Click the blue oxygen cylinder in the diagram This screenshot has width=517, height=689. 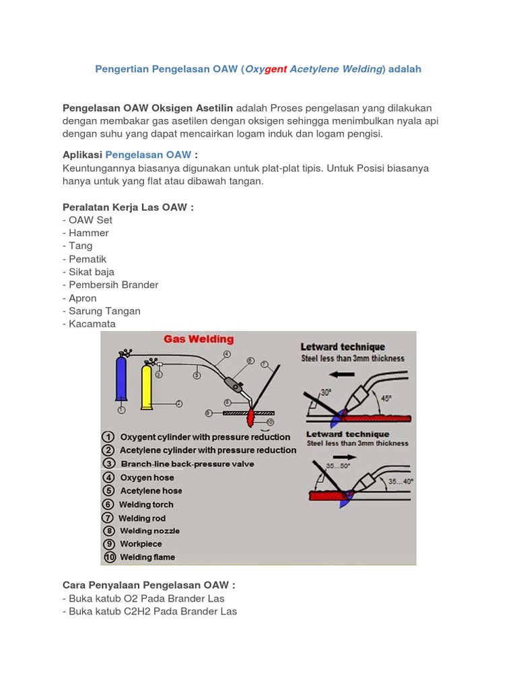[122, 381]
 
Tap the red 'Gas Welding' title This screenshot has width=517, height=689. [199, 339]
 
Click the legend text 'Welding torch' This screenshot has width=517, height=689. [146, 505]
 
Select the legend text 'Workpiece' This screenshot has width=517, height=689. [141, 544]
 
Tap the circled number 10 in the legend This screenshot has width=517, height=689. [109, 557]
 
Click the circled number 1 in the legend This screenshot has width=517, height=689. [108, 437]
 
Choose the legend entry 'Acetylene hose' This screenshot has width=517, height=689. [151, 491]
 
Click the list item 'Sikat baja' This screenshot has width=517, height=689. [92, 272]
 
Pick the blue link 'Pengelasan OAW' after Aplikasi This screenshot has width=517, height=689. [148, 155]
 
